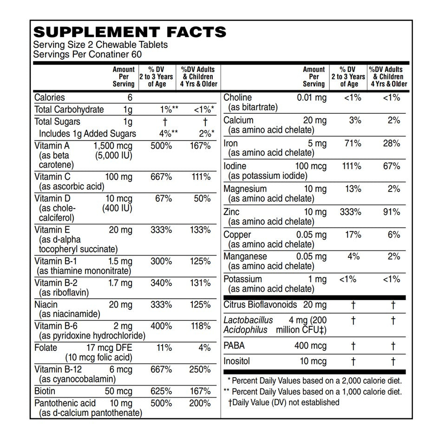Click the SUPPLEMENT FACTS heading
(130, 32)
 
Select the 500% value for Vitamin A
(161, 146)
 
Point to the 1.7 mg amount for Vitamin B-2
(120, 283)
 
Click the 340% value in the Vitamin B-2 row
(161, 283)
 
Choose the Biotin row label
(45, 391)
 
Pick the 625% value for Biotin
(161, 391)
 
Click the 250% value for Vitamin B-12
(200, 370)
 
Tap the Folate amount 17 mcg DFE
(109, 348)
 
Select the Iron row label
(230, 144)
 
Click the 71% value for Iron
(353, 144)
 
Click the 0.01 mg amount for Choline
(312, 98)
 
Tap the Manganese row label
(245, 257)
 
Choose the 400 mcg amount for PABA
(310, 346)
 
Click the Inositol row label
(236, 361)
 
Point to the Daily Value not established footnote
(284, 402)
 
